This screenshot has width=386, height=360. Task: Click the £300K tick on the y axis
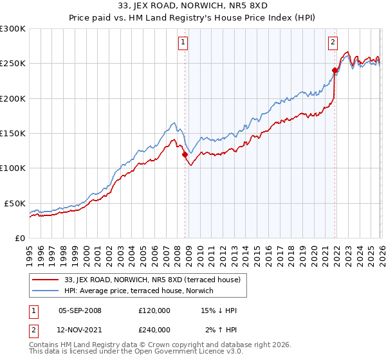(x=13, y=29)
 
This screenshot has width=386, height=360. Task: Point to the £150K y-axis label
(x=13, y=133)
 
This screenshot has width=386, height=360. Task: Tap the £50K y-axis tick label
(x=15, y=203)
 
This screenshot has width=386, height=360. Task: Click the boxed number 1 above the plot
(x=183, y=43)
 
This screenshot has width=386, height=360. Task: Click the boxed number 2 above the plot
(x=333, y=43)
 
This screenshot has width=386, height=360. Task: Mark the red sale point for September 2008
(x=185, y=154)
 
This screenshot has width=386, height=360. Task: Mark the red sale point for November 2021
(x=335, y=70)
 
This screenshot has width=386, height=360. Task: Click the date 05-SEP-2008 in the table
(x=80, y=310)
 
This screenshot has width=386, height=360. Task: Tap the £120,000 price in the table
(x=154, y=310)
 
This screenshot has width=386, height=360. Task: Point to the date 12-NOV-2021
(x=80, y=329)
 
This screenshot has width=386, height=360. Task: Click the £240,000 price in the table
(x=154, y=329)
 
